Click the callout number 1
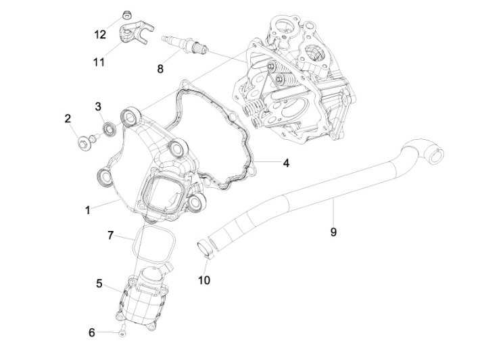click(x=87, y=210)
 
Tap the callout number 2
click(x=68, y=119)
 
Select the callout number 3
click(x=98, y=106)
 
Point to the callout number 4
click(x=287, y=163)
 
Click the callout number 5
click(x=99, y=284)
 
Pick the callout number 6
click(x=92, y=332)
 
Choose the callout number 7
click(x=110, y=235)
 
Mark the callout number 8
click(x=160, y=68)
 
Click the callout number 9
click(x=333, y=232)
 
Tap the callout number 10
click(x=203, y=279)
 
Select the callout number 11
click(x=99, y=62)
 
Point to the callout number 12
click(x=100, y=34)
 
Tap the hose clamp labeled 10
click(x=205, y=248)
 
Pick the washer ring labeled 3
click(x=108, y=128)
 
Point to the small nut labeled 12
click(x=126, y=14)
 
